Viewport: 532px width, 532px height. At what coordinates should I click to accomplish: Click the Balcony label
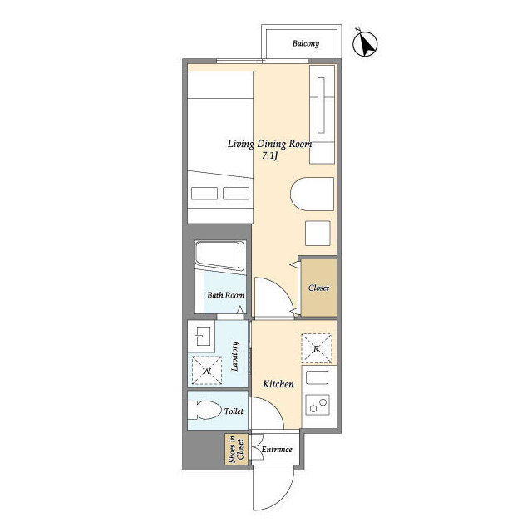point(306,43)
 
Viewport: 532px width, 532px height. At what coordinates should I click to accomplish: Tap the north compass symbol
point(365,44)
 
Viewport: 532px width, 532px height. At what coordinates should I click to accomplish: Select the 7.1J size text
point(270,155)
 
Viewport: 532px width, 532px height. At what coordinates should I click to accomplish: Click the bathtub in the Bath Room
point(219,256)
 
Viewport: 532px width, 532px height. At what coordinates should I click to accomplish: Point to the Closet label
point(318,288)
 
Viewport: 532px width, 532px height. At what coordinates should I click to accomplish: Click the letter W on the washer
point(207,371)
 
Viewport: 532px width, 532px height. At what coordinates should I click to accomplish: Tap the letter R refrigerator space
point(316,348)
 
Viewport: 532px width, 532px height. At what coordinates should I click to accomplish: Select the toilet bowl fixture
point(204,410)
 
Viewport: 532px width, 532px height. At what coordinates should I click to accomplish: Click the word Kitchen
point(278,384)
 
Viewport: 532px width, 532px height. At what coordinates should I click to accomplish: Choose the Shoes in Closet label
point(236,449)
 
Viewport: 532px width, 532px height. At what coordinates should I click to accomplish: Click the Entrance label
point(277,450)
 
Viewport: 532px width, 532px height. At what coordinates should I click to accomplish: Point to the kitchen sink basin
point(317,377)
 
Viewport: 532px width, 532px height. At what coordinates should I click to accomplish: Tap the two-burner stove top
point(318,405)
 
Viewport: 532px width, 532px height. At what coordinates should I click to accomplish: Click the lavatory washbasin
point(201,336)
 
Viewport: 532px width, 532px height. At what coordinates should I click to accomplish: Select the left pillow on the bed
point(204,194)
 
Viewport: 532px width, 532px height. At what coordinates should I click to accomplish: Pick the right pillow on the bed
point(236,194)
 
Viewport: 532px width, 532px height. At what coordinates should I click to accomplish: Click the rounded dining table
point(313,194)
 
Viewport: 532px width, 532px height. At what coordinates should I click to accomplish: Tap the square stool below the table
point(318,233)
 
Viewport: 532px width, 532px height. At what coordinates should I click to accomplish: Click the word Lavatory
point(234,357)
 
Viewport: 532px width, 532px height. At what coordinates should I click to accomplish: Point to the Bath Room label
point(225,295)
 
